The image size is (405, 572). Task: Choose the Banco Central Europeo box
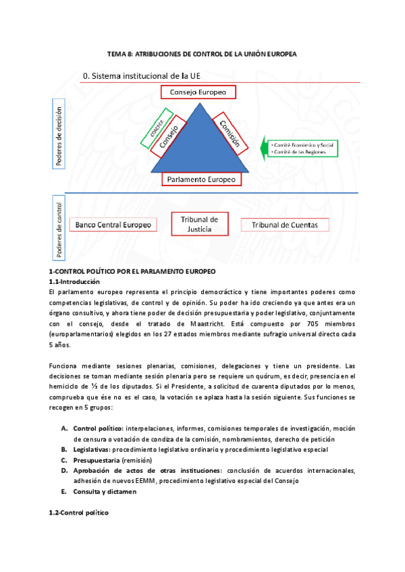113,224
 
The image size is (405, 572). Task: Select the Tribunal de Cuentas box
289,224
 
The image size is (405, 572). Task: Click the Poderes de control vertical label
60,227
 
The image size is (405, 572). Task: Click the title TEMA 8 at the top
202,54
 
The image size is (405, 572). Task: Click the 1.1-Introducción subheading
74,281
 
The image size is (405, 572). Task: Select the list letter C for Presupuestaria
64,459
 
